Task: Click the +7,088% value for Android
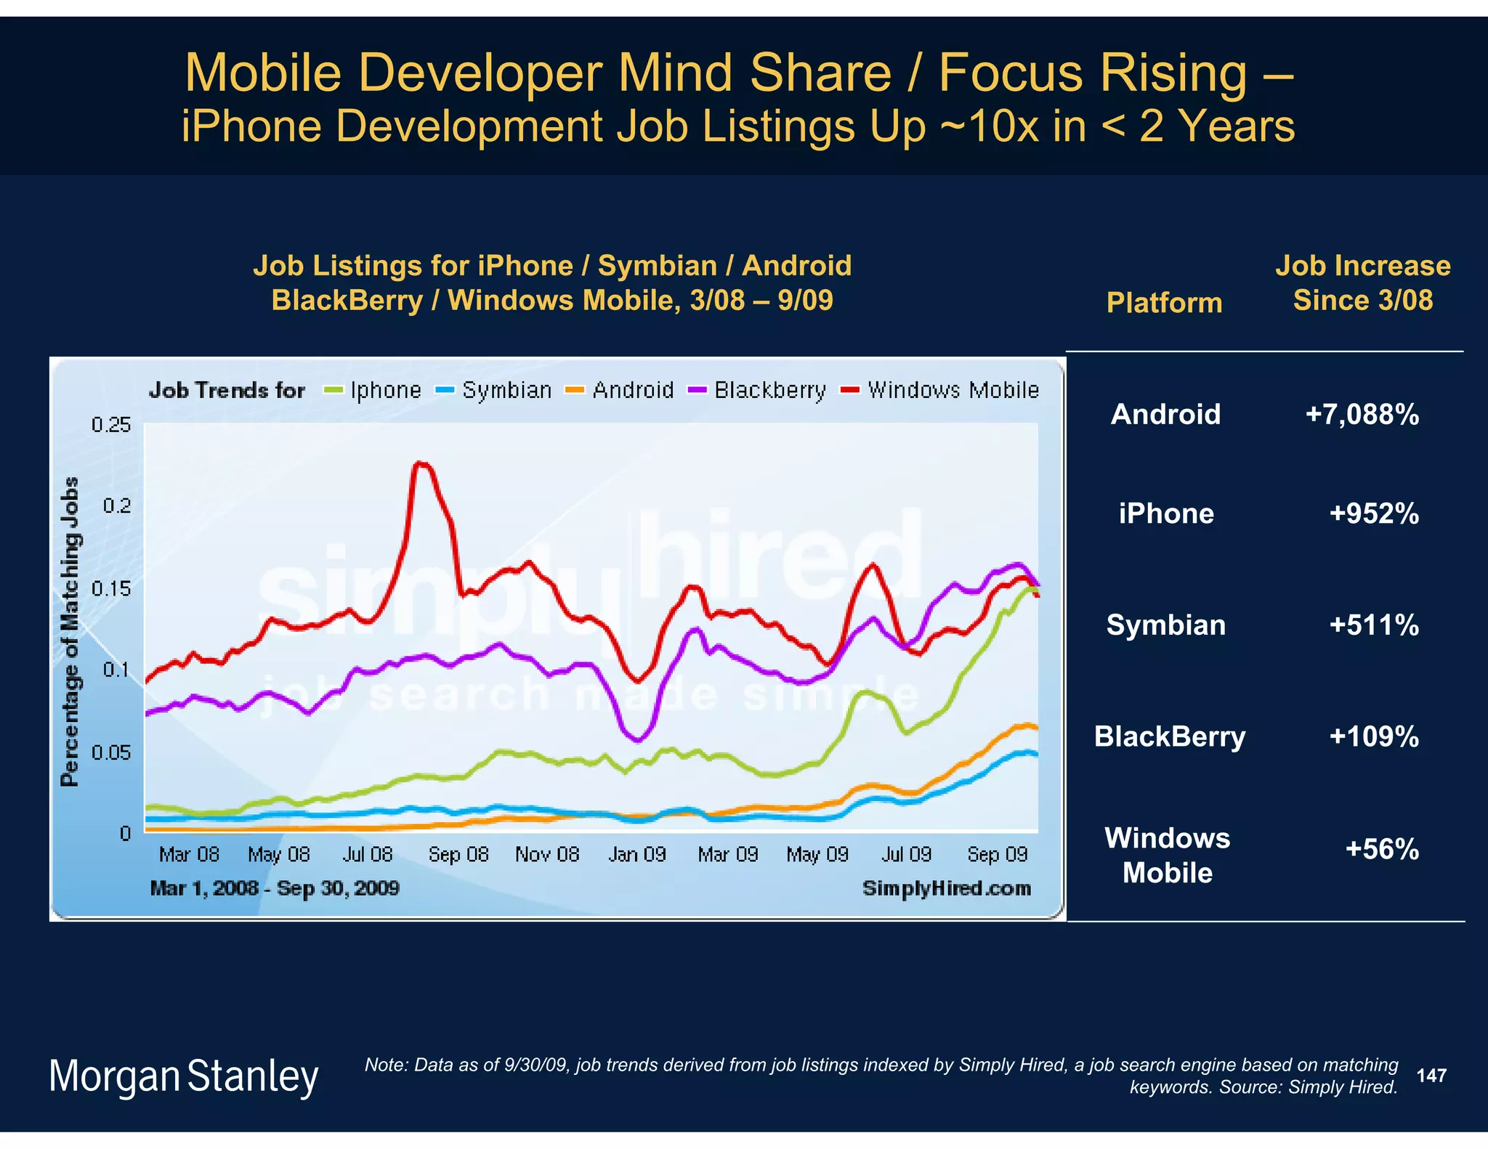pos(1362,415)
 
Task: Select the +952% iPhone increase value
pos(1373,513)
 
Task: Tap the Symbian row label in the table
pos(1165,625)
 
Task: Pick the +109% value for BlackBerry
pos(1373,736)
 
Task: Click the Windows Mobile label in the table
pos(1167,855)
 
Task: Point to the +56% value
pos(1381,849)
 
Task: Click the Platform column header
pos(1164,302)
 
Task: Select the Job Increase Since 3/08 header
pos(1362,283)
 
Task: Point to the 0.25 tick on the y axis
pos(111,424)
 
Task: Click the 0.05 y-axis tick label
pos(111,752)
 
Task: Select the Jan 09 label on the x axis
pos(636,854)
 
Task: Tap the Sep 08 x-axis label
pos(458,854)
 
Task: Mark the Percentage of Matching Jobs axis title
pos(70,630)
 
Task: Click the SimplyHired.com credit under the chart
pos(946,888)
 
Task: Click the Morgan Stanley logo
pos(183,1076)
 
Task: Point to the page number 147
pos(1431,1075)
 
